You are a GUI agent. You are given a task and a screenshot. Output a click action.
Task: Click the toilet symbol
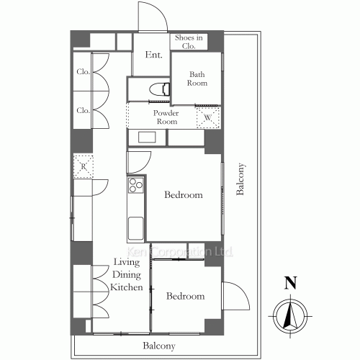click(x=160, y=89)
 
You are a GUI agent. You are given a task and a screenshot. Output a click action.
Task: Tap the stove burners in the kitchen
click(x=136, y=185)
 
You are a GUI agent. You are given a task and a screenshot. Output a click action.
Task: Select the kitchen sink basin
click(x=136, y=228)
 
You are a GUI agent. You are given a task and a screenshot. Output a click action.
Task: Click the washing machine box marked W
click(x=208, y=117)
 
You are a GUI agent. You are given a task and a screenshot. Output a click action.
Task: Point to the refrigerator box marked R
click(x=84, y=166)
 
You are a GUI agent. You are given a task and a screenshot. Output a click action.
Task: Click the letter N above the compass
click(x=291, y=283)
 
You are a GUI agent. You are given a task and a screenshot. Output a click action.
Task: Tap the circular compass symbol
click(x=290, y=316)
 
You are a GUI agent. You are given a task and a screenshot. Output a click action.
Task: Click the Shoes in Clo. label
click(x=189, y=42)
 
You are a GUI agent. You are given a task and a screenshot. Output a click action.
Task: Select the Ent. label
click(x=154, y=55)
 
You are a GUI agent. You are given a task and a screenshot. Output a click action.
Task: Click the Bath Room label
click(x=197, y=78)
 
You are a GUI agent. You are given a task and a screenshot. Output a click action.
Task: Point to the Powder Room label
click(x=166, y=117)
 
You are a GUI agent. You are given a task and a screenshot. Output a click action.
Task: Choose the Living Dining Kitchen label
click(x=127, y=274)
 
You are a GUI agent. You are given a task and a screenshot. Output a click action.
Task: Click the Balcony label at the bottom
click(x=159, y=346)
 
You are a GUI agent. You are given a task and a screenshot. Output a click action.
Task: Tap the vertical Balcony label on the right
click(x=240, y=179)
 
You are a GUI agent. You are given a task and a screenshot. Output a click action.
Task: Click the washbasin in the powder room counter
click(x=147, y=138)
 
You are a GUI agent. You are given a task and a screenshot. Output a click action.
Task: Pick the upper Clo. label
click(x=83, y=71)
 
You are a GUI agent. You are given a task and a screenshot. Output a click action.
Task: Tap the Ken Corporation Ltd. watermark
click(x=179, y=252)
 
